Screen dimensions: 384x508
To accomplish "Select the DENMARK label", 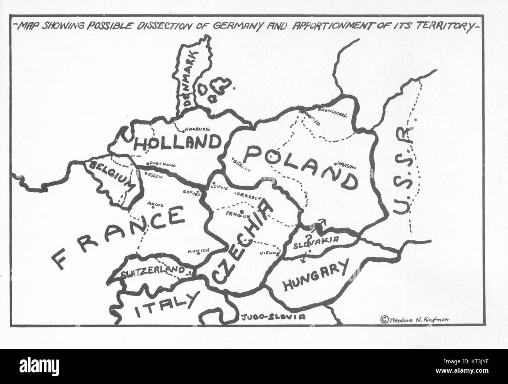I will coord(191,78).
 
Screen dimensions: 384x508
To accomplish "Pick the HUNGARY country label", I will coord(315,277).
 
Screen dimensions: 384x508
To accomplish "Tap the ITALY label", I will coord(164,307).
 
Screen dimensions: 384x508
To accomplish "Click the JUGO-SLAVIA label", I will coord(273,317).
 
